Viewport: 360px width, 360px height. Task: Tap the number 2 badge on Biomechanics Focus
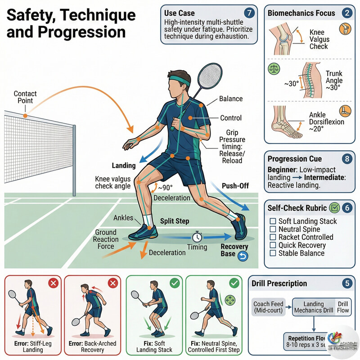click(x=346, y=13)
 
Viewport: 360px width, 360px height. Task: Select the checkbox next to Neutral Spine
click(x=272, y=229)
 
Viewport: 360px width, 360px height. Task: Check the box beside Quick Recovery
click(x=272, y=245)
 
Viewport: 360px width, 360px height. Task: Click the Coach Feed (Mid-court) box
click(x=269, y=307)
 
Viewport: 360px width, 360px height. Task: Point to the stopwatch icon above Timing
click(x=197, y=236)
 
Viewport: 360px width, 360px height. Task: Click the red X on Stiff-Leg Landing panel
click(x=53, y=283)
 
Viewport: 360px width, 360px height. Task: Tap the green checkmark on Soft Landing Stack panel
click(x=173, y=283)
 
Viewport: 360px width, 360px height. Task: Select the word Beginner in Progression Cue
click(x=282, y=171)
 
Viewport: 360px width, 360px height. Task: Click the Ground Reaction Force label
click(x=105, y=239)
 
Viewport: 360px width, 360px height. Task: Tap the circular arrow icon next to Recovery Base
click(x=243, y=256)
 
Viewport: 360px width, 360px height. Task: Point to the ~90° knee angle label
click(x=164, y=188)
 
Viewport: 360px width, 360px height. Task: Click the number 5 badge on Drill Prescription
click(x=346, y=283)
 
